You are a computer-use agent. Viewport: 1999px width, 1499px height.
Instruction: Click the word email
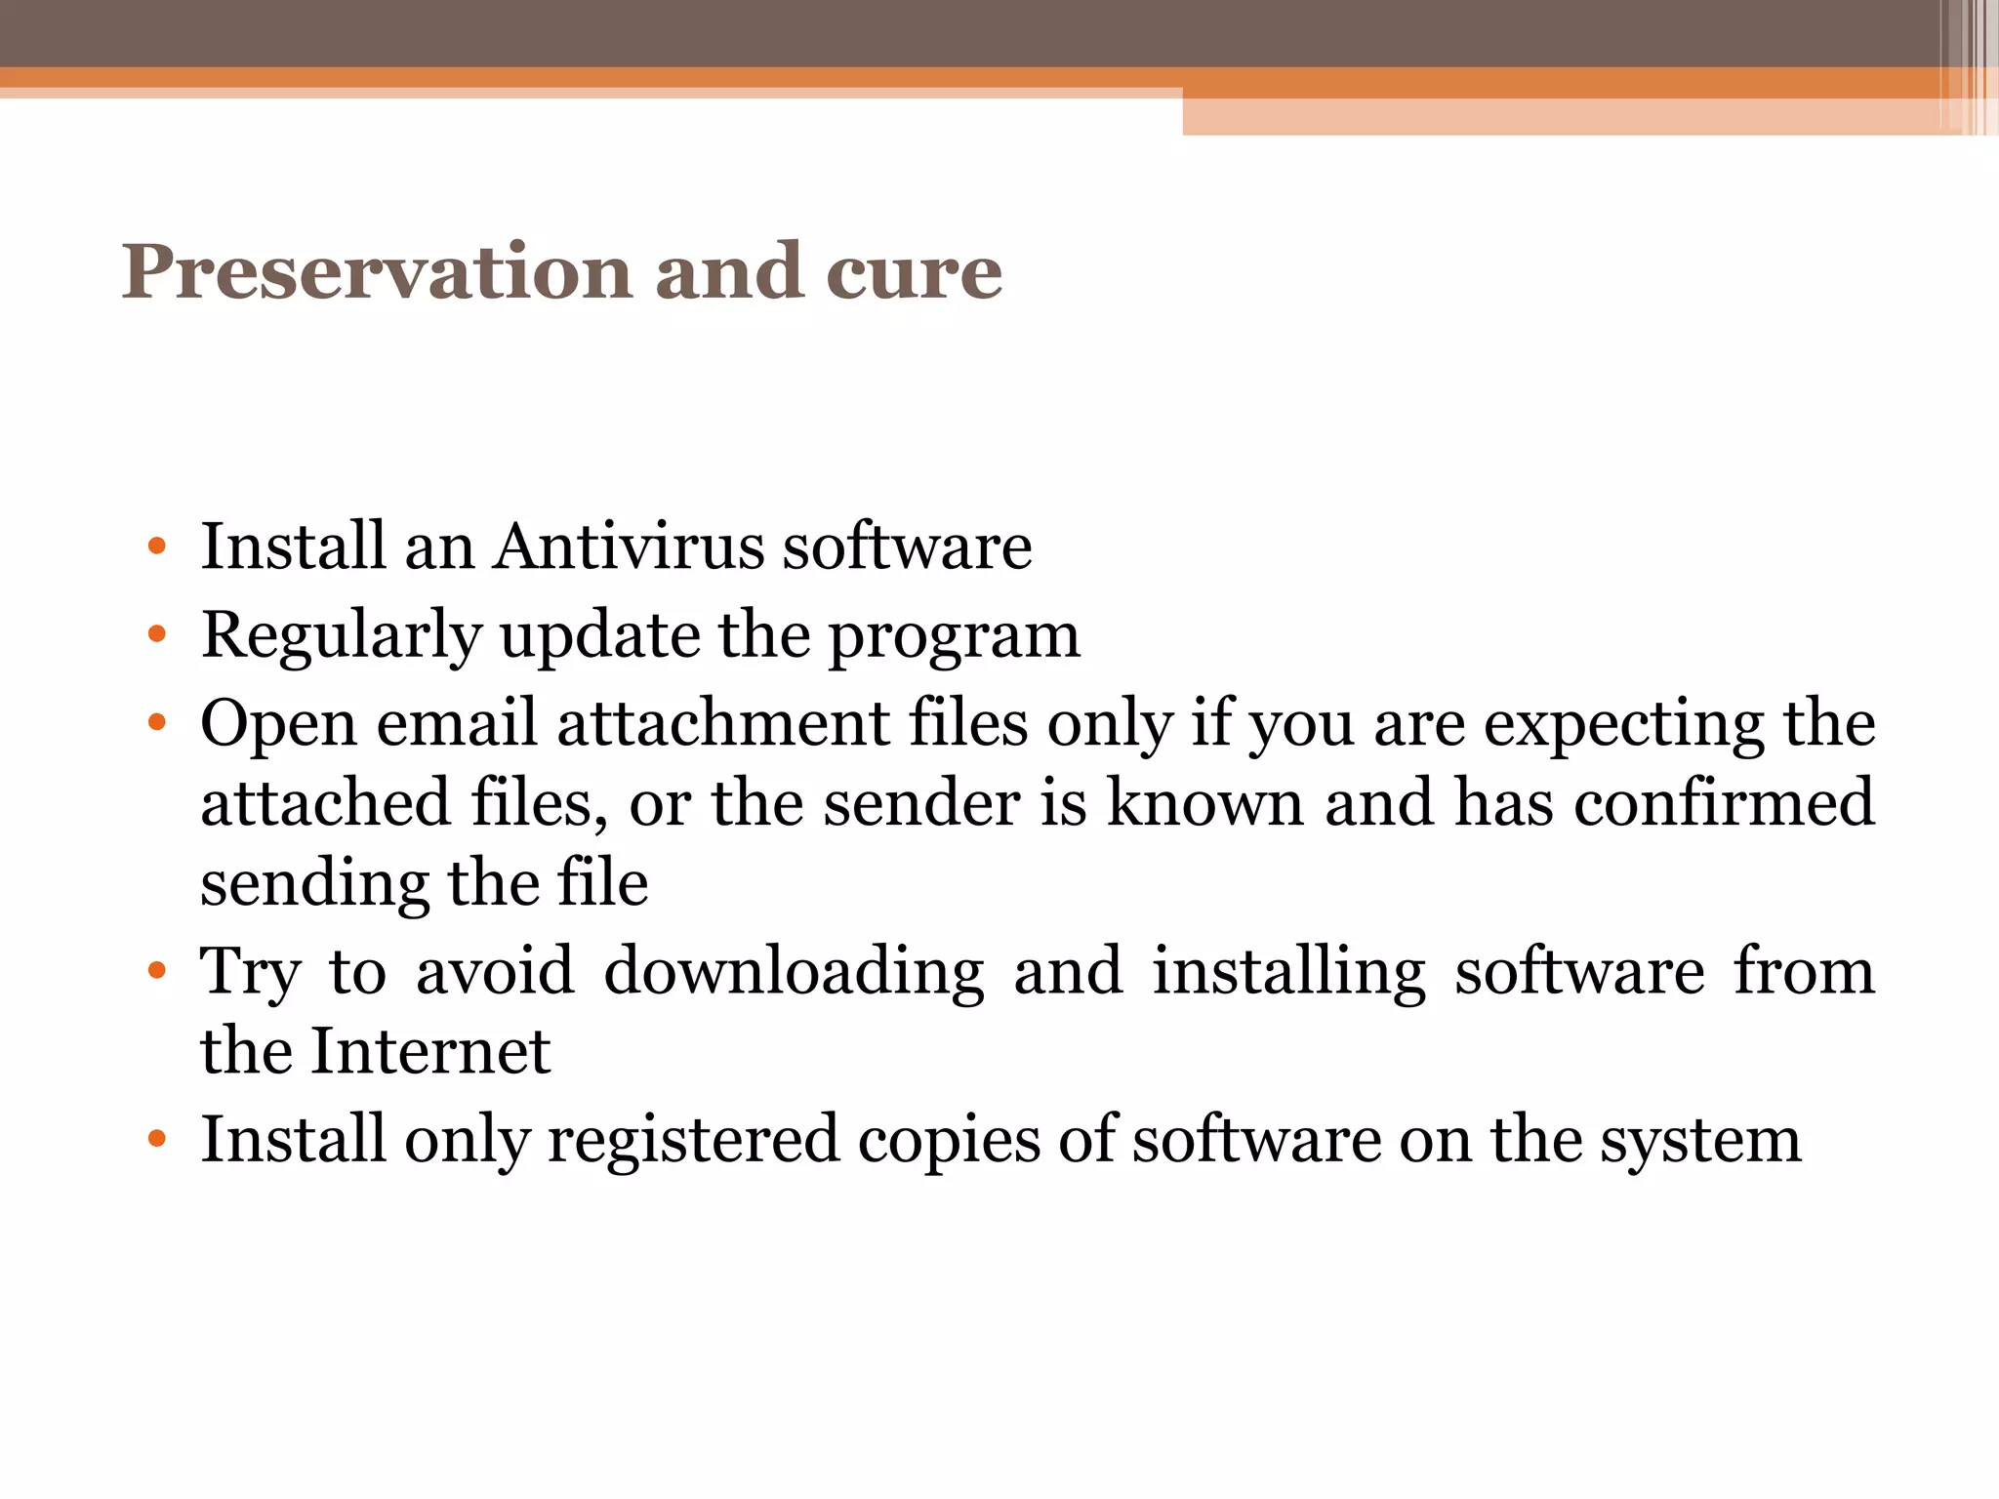[x=458, y=724]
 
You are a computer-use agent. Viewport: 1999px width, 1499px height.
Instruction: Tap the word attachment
[x=723, y=724]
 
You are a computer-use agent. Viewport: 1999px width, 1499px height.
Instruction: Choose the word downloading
[x=795, y=972]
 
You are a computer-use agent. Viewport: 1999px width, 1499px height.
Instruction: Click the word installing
[x=1288, y=972]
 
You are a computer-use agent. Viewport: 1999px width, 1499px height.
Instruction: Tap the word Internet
[x=430, y=1051]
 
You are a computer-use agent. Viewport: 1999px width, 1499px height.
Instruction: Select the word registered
[x=693, y=1140]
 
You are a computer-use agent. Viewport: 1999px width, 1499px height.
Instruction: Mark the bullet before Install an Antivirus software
[x=157, y=547]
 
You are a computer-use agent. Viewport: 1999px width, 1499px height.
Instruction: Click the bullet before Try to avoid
[x=157, y=972]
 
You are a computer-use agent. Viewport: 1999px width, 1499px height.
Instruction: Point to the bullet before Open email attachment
[x=157, y=724]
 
